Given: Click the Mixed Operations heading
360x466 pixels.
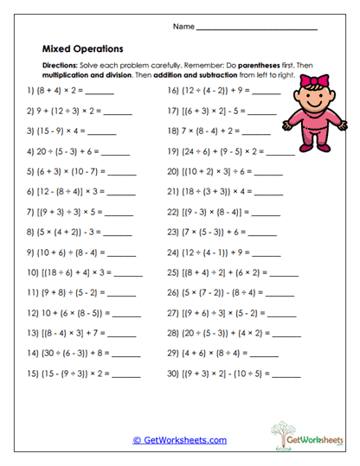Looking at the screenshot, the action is pyautogui.click(x=82, y=49).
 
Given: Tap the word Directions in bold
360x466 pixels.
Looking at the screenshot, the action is pyautogui.click(x=60, y=66).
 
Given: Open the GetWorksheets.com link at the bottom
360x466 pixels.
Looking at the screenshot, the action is pyautogui.click(x=180, y=439).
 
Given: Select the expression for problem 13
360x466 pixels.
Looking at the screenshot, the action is pyautogui.click(x=67, y=333).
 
